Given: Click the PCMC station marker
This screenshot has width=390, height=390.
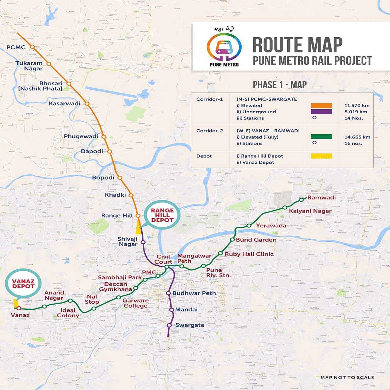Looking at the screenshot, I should [x=32, y=47].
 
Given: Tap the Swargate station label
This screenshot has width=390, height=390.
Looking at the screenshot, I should [x=190, y=325].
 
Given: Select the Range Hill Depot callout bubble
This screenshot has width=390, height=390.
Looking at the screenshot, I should [x=162, y=215].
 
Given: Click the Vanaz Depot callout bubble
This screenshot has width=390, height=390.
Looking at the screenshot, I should [x=23, y=284].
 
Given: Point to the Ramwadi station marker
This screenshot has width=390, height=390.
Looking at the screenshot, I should [x=301, y=200].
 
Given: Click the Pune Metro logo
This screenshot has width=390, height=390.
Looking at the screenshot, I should [x=224, y=47].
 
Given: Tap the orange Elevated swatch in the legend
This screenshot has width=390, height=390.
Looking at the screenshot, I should [x=321, y=106].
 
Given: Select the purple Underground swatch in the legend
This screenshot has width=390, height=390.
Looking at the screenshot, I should [x=321, y=112].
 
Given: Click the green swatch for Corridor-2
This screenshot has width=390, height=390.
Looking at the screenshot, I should [x=321, y=137].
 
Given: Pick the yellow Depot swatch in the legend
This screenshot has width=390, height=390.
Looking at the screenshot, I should [x=321, y=156].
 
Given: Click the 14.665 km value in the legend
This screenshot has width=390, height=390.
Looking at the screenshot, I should [x=357, y=137].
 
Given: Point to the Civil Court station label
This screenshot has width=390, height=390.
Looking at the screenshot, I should [x=163, y=259].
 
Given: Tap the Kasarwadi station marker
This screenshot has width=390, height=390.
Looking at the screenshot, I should [x=87, y=104].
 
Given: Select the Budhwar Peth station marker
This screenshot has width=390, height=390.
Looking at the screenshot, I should [x=169, y=293].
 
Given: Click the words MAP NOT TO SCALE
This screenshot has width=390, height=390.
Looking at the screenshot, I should [x=347, y=378].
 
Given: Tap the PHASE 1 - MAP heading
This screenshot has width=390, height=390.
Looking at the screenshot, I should [x=279, y=85].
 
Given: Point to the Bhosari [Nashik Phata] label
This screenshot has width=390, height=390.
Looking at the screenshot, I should [x=41, y=86].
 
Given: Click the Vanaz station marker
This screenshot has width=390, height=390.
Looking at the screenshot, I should [x=19, y=308].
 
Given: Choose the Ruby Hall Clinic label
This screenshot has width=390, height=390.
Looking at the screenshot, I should [x=249, y=254].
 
